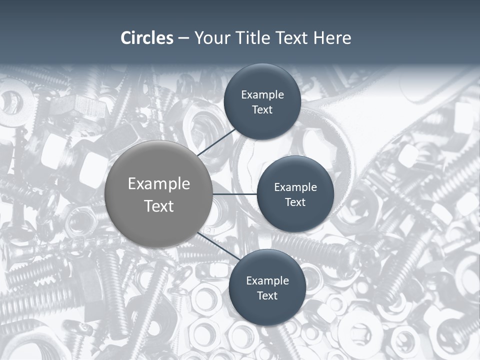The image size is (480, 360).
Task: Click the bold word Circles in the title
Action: [x=147, y=38]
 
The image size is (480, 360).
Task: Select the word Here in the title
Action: [x=332, y=38]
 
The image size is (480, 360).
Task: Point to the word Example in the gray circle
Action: [x=159, y=184]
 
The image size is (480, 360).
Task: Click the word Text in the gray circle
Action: [x=159, y=206]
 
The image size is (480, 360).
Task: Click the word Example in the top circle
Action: [x=262, y=95]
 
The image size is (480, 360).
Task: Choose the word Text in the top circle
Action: [x=262, y=110]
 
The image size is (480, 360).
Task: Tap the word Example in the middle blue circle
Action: [x=295, y=187]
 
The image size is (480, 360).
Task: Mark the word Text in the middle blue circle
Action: [x=295, y=202]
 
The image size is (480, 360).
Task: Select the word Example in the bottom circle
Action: [x=267, y=281]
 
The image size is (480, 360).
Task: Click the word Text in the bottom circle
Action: [x=267, y=296]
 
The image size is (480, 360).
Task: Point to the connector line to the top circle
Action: [x=217, y=142]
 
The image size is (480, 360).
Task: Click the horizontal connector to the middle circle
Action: [x=234, y=194]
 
